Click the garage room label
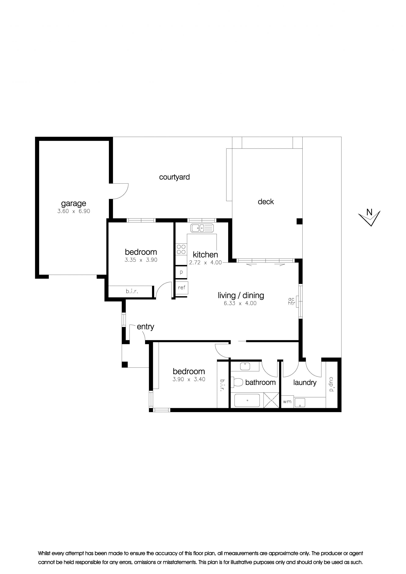coord(74,204)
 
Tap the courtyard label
coord(174,177)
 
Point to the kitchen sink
coord(202,228)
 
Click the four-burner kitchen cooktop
coord(181,249)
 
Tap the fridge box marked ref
coord(182,288)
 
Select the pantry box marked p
coord(181,272)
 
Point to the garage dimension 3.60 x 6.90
coord(74,211)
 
